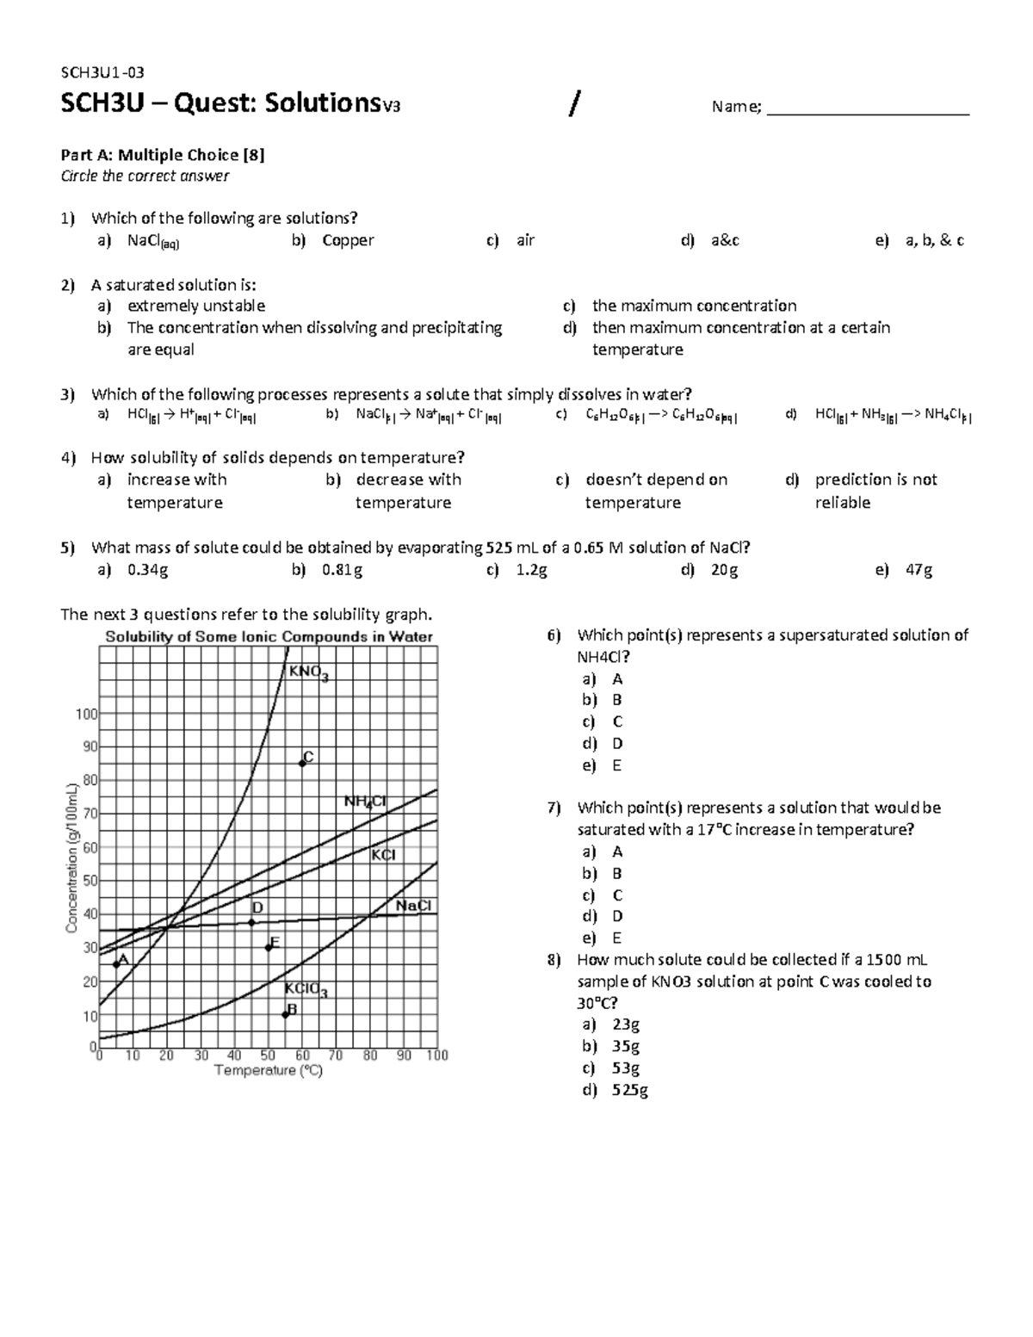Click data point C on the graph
tap(302, 763)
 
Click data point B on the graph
tap(285, 1014)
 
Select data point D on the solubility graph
tap(251, 922)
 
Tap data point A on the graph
tap(116, 963)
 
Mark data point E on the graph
tap(269, 946)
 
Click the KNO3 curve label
tap(308, 672)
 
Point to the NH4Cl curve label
tap(365, 802)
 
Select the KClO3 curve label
tap(306, 990)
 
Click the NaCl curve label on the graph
tap(413, 906)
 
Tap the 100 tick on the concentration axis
tap(87, 713)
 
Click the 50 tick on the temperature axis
tap(268, 1055)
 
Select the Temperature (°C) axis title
tap(268, 1071)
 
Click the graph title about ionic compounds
tap(269, 637)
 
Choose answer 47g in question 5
tap(917, 570)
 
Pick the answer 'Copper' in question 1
tap(348, 241)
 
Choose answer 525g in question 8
tap(630, 1090)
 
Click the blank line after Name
tap(868, 108)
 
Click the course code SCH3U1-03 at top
tap(96, 73)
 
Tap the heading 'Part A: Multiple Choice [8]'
tap(162, 155)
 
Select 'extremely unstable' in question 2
tap(196, 306)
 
